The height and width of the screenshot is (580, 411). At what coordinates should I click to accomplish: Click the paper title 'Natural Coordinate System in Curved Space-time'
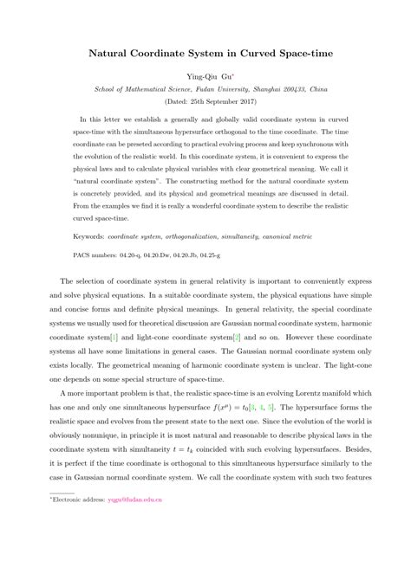[x=205, y=53]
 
